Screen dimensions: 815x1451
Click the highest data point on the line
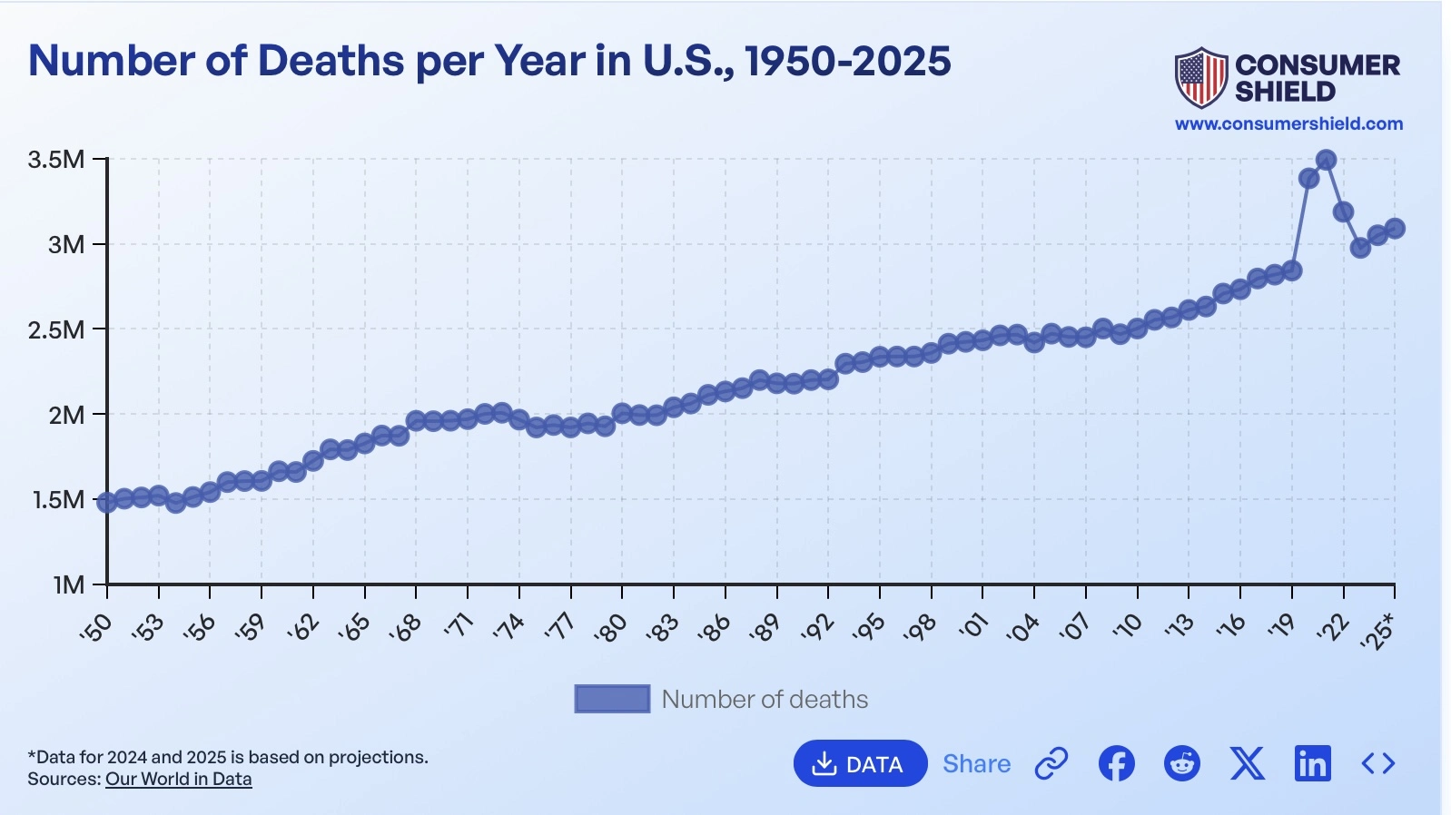coord(1326,160)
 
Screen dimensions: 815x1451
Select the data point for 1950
coord(107,502)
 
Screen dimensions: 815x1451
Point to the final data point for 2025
coord(1395,228)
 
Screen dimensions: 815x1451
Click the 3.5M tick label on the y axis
coord(56,160)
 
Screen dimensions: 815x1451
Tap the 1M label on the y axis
coord(68,584)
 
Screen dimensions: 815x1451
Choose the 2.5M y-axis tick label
coord(56,329)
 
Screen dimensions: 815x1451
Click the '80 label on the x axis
coord(611,627)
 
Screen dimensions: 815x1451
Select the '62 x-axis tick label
coord(302,627)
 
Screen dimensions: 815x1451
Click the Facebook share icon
coord(1116,763)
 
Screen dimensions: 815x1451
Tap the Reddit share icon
coord(1181,763)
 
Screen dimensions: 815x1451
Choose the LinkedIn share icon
coord(1312,763)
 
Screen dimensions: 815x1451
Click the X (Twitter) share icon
coord(1247,763)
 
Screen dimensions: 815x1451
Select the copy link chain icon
coord(1051,763)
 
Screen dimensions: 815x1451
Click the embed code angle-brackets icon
coord(1377,763)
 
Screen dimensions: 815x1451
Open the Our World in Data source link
coord(178,779)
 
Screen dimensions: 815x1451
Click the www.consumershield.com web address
coord(1288,123)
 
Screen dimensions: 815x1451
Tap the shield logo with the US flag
coord(1200,78)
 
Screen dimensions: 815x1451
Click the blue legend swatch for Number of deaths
coord(612,699)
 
